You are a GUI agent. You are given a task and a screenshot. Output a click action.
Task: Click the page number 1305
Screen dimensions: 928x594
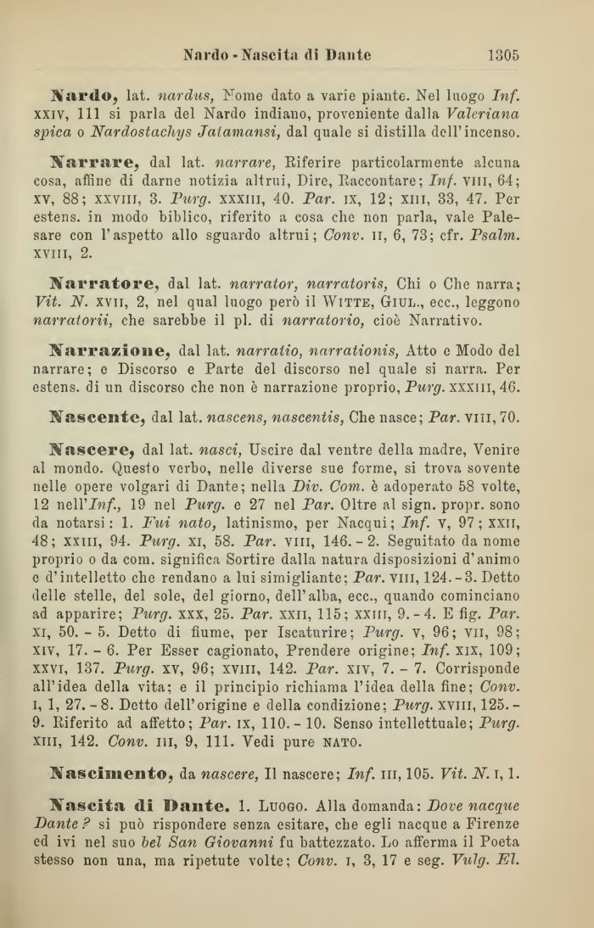coord(503,56)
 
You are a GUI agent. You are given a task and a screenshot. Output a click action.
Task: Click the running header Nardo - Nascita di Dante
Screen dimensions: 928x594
coord(277,56)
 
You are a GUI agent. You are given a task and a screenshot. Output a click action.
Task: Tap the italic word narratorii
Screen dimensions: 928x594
coord(91,321)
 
